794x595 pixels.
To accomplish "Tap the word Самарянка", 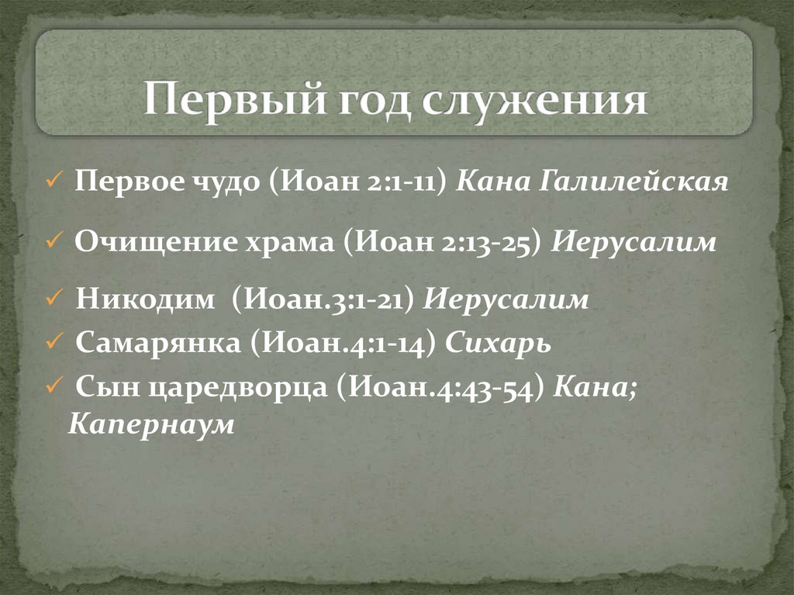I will click(x=157, y=344).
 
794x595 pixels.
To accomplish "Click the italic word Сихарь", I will click(x=498, y=344).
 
